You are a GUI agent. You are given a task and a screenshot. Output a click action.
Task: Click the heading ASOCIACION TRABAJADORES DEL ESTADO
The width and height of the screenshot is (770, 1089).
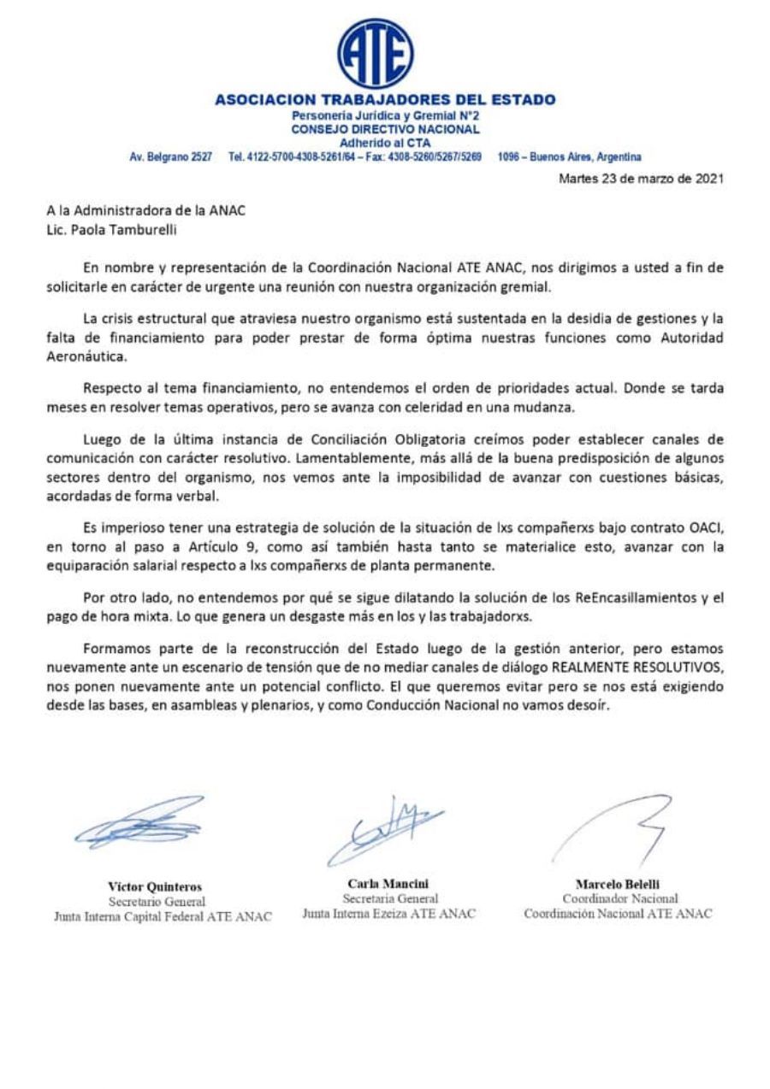point(385,100)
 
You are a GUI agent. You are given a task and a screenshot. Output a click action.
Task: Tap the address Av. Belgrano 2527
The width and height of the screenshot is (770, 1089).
point(170,157)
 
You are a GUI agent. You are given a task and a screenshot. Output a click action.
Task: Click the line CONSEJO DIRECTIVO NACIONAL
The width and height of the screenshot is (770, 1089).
point(385,129)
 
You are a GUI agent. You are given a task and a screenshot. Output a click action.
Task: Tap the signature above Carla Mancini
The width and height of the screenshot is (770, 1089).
point(385,827)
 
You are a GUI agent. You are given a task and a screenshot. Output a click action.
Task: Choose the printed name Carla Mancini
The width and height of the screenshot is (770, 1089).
point(388,883)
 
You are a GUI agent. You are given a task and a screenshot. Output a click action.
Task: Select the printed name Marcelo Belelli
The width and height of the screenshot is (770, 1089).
point(618,883)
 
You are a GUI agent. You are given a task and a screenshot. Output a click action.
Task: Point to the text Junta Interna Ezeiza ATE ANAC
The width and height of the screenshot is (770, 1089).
point(388,913)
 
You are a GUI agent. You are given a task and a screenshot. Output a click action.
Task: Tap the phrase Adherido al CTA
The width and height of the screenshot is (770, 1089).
point(385,143)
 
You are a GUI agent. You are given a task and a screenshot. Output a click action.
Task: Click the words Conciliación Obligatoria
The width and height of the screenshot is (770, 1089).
point(400,440)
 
